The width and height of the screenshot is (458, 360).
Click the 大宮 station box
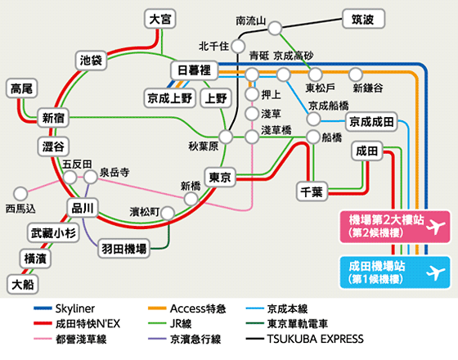point(160,19)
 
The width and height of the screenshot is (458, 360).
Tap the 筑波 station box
point(363,19)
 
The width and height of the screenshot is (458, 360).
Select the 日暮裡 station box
point(195,70)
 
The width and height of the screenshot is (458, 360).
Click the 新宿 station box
point(53,118)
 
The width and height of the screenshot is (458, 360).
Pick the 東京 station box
point(220,177)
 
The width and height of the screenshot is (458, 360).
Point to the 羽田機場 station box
point(123,249)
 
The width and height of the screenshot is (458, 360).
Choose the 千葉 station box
point(312,191)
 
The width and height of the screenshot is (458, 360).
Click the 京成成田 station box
point(371,122)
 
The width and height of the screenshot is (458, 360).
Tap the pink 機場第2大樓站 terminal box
point(394,227)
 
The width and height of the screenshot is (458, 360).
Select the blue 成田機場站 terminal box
point(394,272)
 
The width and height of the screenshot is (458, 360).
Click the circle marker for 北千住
point(238,46)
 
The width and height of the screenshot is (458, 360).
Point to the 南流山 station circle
point(275,28)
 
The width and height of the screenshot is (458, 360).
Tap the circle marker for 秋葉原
point(226,137)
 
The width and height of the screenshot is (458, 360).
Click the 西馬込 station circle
point(20,193)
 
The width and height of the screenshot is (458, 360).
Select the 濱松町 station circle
point(168,214)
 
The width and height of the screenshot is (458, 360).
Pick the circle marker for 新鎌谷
point(356,74)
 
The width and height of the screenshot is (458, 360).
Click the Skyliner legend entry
point(65,308)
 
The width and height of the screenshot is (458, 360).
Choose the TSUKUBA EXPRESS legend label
point(316,339)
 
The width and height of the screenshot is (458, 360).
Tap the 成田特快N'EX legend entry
point(77,324)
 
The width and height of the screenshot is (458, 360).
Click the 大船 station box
point(23,285)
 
